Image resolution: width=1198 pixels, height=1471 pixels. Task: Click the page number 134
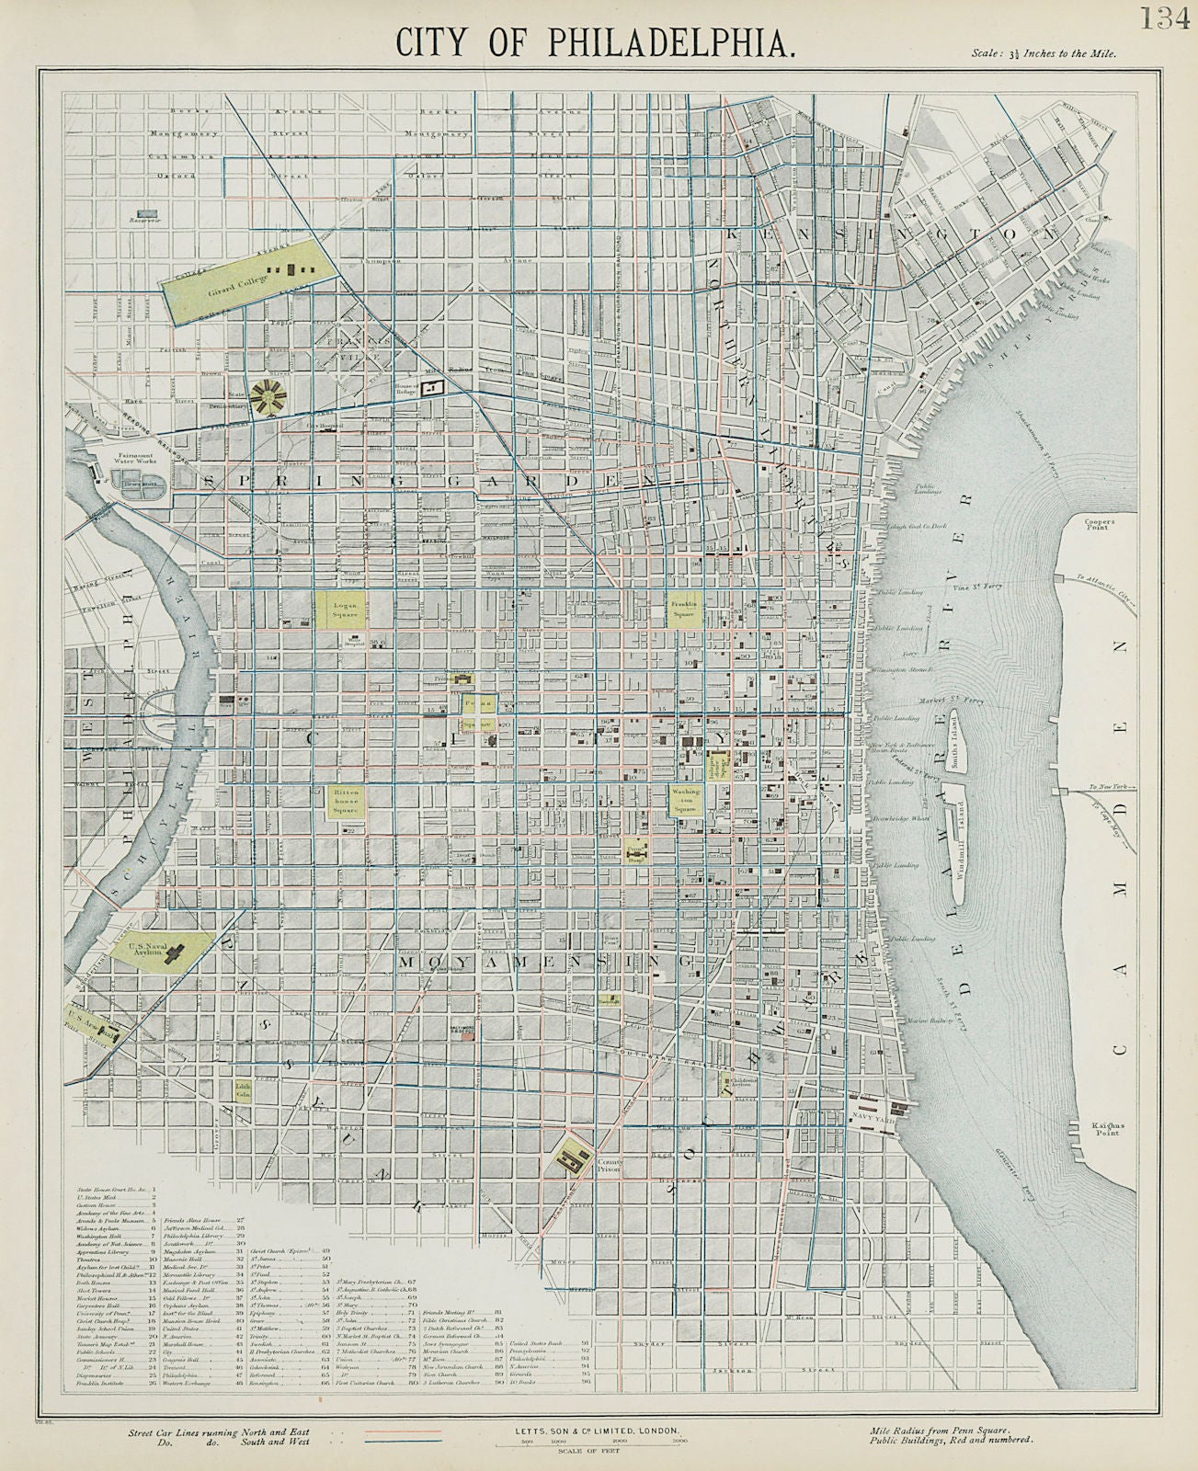pos(1166,17)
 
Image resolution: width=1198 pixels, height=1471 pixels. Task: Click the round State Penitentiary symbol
pos(272,396)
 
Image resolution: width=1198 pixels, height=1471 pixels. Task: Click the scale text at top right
pos(1044,53)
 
